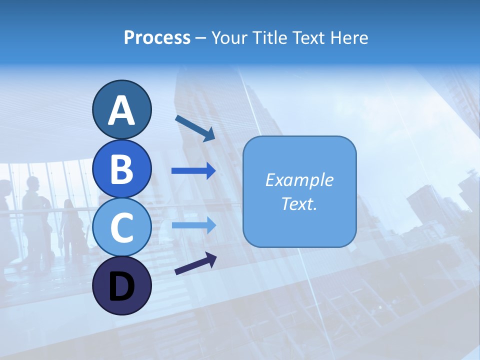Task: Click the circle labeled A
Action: click(x=121, y=109)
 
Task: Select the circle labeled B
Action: click(x=121, y=168)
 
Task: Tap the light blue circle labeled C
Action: click(x=121, y=227)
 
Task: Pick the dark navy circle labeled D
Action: click(x=121, y=285)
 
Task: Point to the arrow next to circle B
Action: click(x=193, y=171)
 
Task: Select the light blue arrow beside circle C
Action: click(x=193, y=225)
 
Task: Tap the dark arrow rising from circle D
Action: click(x=195, y=263)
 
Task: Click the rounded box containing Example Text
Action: click(x=299, y=191)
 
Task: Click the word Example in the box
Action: click(x=299, y=180)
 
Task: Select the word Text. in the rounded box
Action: click(x=299, y=203)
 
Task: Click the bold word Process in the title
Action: click(x=157, y=37)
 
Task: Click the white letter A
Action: click(x=121, y=110)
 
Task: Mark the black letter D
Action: click(x=121, y=286)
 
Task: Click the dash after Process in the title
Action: click(x=200, y=38)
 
